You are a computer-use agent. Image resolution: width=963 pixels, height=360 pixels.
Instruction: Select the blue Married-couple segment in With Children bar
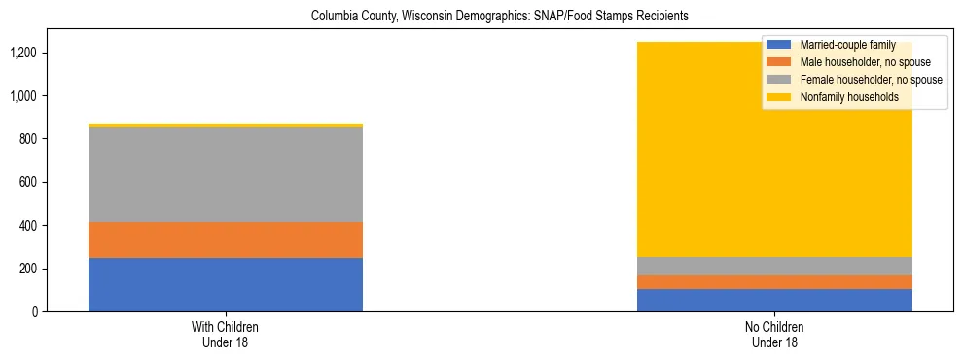pos(226,284)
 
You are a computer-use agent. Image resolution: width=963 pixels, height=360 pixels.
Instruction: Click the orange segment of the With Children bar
pos(226,239)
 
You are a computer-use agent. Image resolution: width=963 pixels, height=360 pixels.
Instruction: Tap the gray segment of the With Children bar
pos(226,175)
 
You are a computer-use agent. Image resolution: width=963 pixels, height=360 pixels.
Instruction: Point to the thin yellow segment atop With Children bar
pos(226,126)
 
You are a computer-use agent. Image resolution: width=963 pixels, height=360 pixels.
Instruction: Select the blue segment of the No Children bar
pos(774,300)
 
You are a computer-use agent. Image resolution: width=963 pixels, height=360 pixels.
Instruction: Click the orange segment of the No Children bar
pos(774,282)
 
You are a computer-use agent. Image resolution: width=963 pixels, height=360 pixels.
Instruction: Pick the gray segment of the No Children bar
pos(774,266)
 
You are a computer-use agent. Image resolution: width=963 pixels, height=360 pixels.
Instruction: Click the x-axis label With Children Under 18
pos(226,335)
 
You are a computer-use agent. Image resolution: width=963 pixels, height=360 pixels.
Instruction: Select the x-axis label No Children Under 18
pos(774,335)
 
